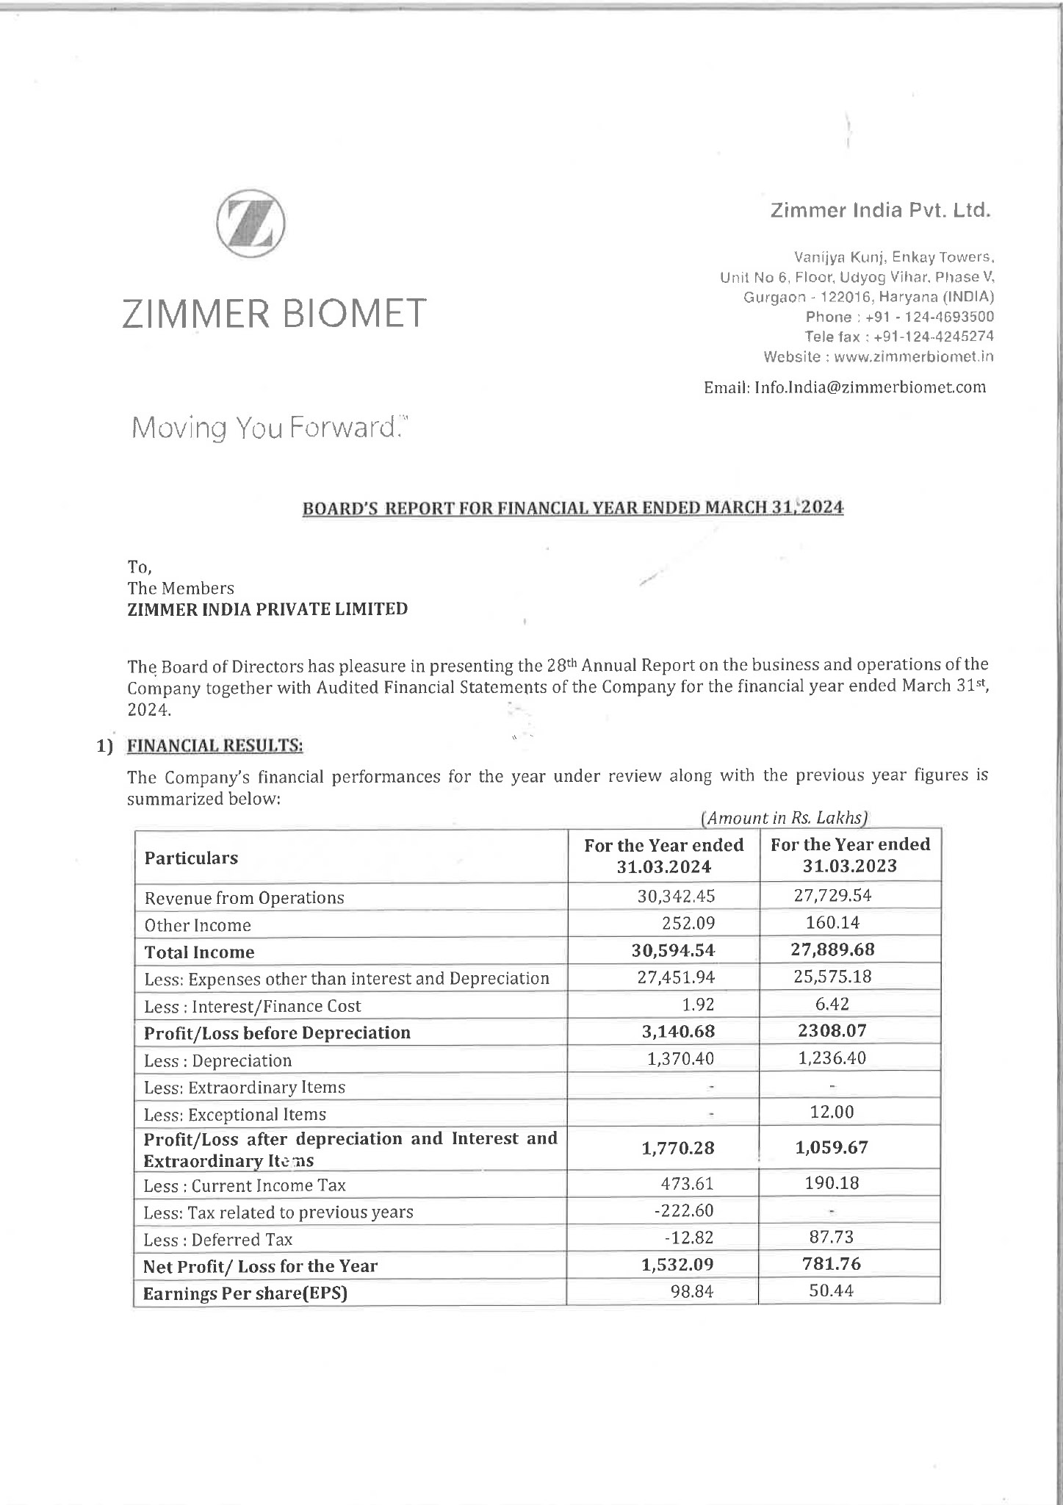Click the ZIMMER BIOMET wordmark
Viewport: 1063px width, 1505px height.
pyautogui.click(x=274, y=313)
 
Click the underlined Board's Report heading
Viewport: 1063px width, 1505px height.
pyautogui.click(x=573, y=508)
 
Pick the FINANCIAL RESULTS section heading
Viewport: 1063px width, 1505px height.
pyautogui.click(x=215, y=746)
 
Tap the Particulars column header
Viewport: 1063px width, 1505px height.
pyautogui.click(x=191, y=858)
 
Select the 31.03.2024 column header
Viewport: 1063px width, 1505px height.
pyautogui.click(x=663, y=856)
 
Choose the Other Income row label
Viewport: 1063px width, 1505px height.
pyautogui.click(x=198, y=925)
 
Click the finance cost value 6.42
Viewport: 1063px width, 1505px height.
pyautogui.click(x=832, y=1004)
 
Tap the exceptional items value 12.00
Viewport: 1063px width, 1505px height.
pyautogui.click(x=832, y=1112)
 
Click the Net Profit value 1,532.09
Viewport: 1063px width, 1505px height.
pyautogui.click(x=677, y=1265)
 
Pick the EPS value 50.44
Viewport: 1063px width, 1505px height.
pyautogui.click(x=831, y=1290)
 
